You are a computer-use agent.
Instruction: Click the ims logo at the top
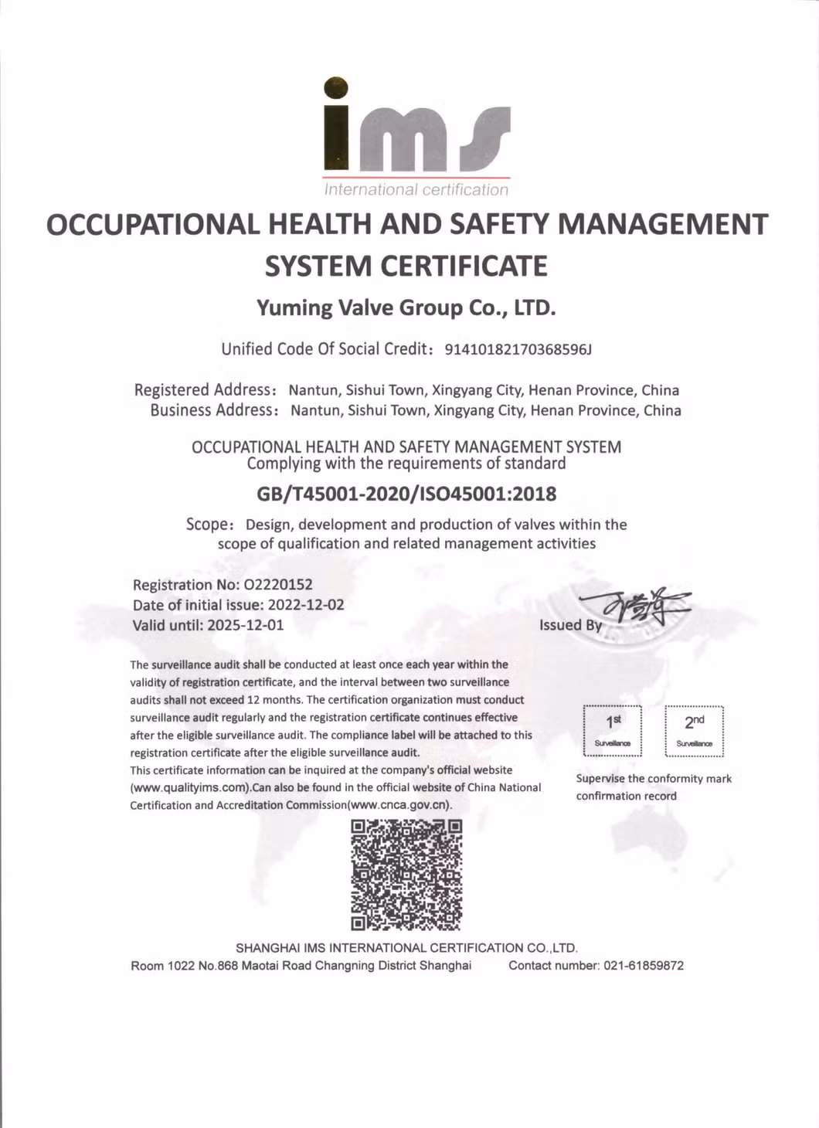click(416, 127)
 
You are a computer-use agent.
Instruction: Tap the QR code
click(406, 875)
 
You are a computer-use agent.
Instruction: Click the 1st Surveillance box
click(613, 731)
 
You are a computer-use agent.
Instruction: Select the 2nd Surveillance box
click(694, 731)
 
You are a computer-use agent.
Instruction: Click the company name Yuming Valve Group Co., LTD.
click(406, 307)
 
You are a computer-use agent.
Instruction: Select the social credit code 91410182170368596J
click(518, 350)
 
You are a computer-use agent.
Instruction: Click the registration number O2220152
click(278, 585)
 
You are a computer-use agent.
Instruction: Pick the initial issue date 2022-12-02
click(306, 605)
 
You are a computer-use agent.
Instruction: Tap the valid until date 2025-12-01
click(246, 625)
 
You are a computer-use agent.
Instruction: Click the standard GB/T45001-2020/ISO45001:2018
click(406, 494)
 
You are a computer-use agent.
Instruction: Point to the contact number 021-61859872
click(644, 966)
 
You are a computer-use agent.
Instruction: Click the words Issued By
click(570, 625)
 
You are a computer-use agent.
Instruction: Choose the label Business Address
click(212, 410)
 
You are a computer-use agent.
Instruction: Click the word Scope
click(207, 525)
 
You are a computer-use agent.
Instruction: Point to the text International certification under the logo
click(416, 190)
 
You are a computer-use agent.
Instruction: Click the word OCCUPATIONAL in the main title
click(152, 225)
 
